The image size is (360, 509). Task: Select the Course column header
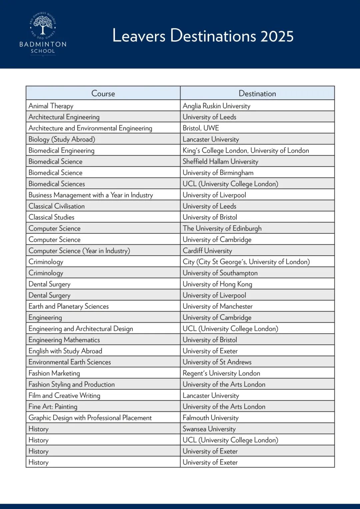pyautogui.click(x=103, y=94)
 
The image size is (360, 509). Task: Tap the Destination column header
pyautogui.click(x=257, y=94)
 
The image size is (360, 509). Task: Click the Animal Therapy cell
pyautogui.click(x=51, y=106)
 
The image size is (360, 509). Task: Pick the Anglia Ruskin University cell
pyautogui.click(x=216, y=106)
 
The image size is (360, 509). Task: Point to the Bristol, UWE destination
pyautogui.click(x=201, y=128)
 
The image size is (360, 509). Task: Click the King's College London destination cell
pyautogui.click(x=246, y=150)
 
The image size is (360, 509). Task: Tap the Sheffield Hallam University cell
pyautogui.click(x=220, y=162)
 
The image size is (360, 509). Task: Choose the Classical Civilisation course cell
pyautogui.click(x=57, y=206)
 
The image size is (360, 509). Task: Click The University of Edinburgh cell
pyautogui.click(x=222, y=228)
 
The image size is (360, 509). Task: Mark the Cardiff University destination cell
pyautogui.click(x=207, y=251)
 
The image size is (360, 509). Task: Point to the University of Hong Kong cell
pyautogui.click(x=217, y=284)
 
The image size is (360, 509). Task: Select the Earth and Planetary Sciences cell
pyautogui.click(x=69, y=306)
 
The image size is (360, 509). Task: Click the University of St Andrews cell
pyautogui.click(x=217, y=362)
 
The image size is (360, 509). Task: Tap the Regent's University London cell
pyautogui.click(x=221, y=373)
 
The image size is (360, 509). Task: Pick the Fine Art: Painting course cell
pyautogui.click(x=53, y=407)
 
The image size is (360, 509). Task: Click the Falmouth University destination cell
pyautogui.click(x=211, y=418)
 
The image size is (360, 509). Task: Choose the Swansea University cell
pyautogui.click(x=209, y=429)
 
